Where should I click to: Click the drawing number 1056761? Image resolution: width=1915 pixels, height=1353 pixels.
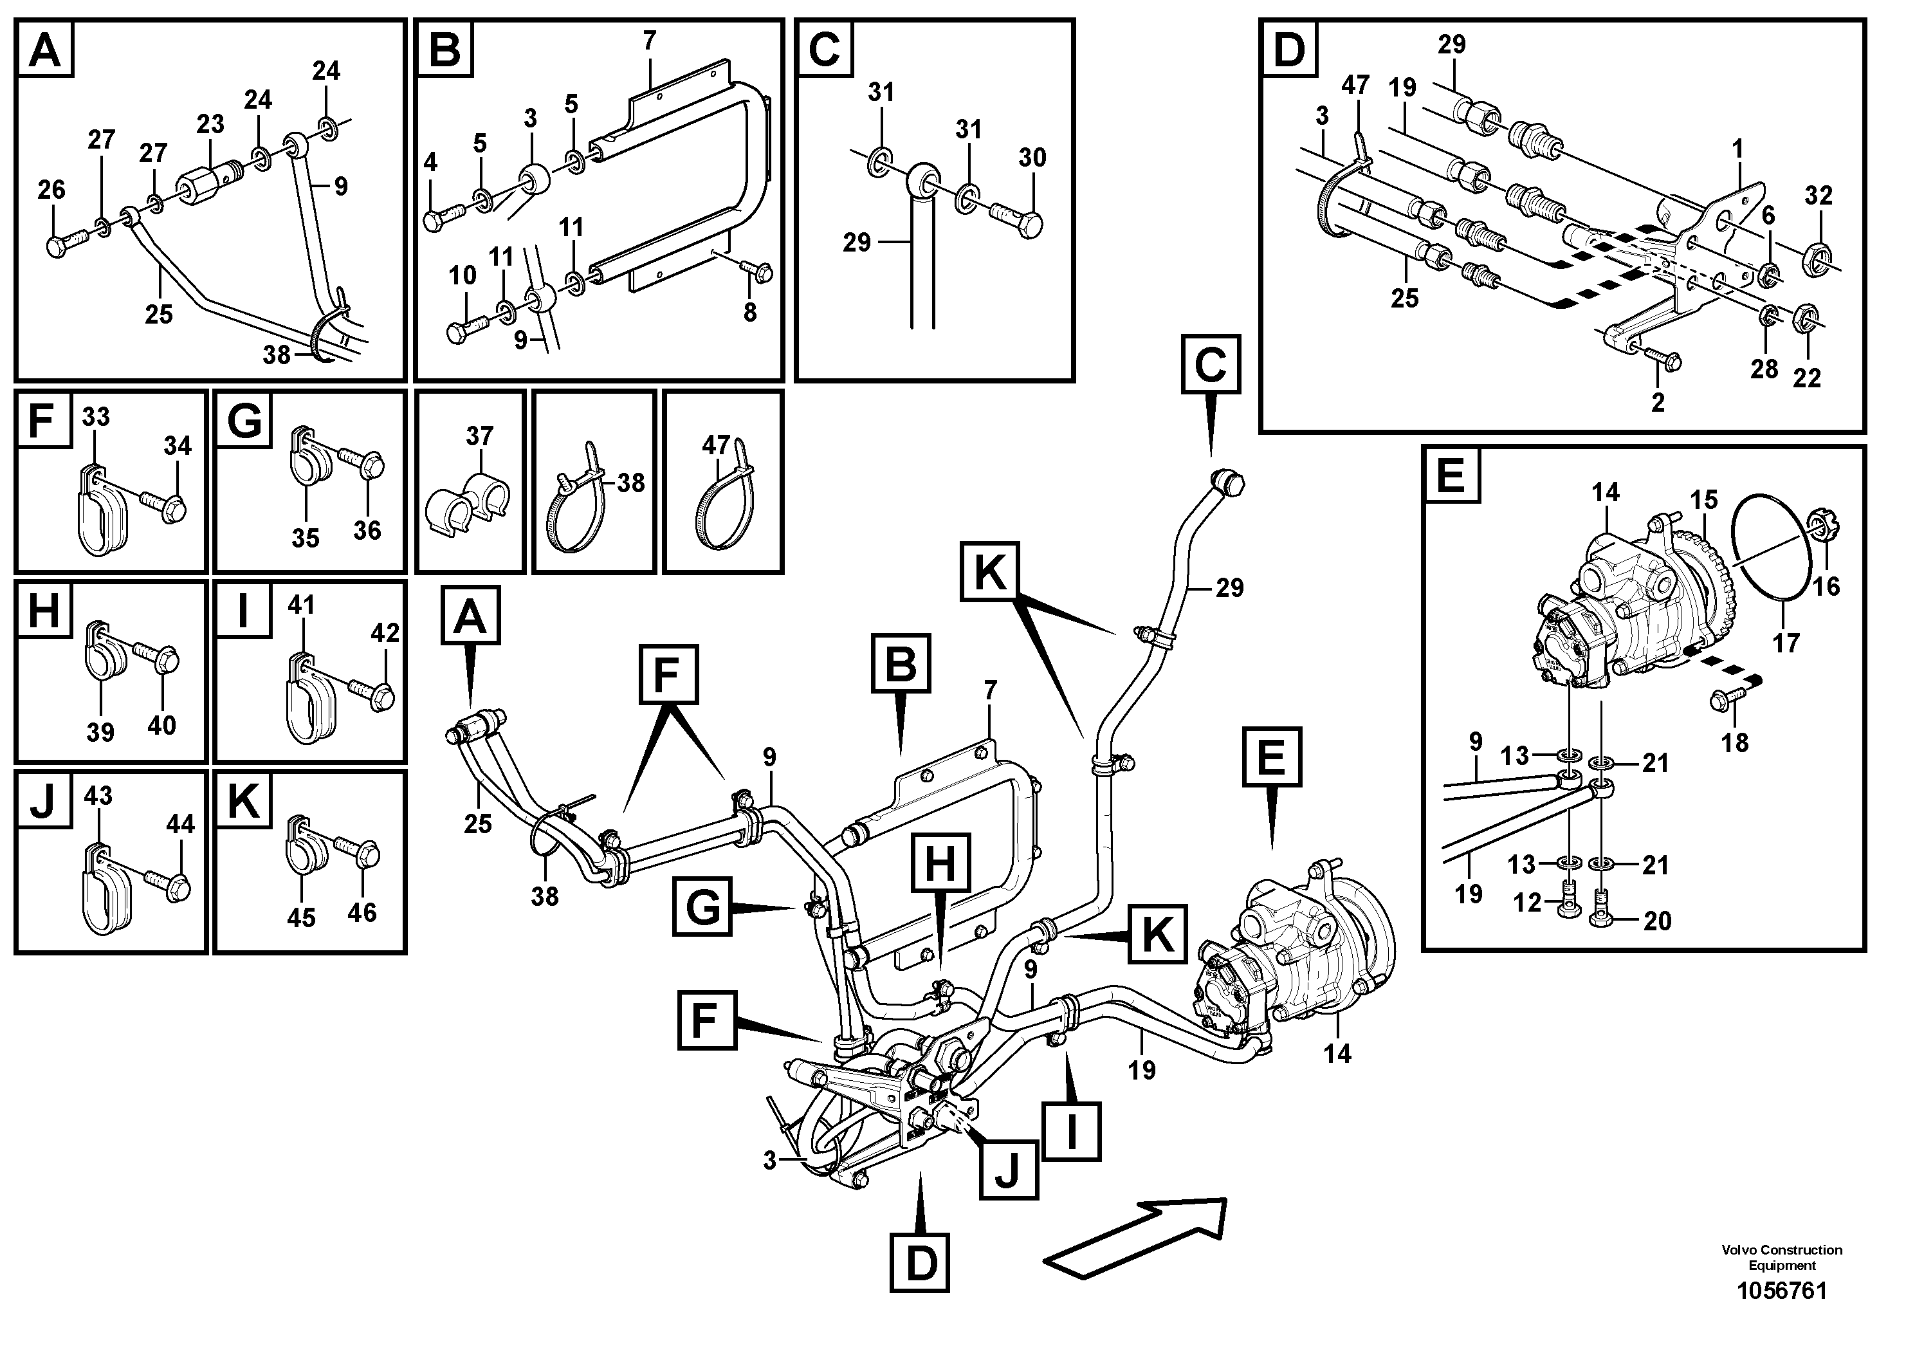point(1782,1314)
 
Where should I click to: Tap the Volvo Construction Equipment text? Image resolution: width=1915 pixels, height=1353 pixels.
point(1782,1280)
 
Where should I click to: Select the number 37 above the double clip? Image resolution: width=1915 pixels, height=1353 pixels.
point(480,436)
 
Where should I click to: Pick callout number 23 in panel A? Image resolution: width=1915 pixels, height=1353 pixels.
point(210,124)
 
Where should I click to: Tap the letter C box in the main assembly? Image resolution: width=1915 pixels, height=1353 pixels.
point(1210,365)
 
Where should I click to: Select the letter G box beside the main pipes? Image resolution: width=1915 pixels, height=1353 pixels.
point(703,907)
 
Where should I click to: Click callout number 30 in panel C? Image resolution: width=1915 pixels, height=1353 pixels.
point(1032,158)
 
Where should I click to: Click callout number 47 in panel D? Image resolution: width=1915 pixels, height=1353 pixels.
point(1355,86)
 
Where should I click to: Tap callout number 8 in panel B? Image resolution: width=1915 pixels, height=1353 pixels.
point(750,312)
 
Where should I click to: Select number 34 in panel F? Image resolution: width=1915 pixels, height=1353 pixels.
point(178,446)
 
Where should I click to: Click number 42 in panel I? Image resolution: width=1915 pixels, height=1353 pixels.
point(385,632)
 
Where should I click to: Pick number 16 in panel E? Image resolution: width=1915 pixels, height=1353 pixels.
point(1826,586)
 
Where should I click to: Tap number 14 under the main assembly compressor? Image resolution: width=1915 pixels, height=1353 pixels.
point(1336,1054)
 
